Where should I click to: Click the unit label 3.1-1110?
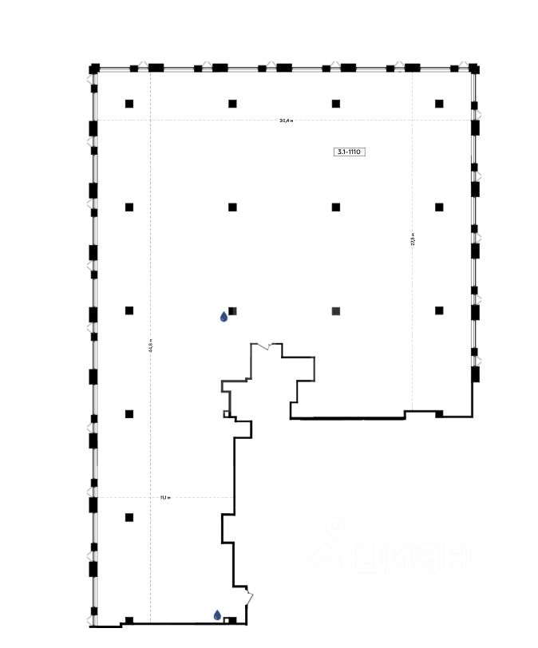click(350, 151)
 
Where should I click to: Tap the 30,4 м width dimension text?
click(287, 121)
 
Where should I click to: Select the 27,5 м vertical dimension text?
click(413, 239)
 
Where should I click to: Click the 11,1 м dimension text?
click(164, 497)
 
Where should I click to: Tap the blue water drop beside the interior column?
click(224, 317)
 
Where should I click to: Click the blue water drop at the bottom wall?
click(217, 614)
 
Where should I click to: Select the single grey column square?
click(336, 310)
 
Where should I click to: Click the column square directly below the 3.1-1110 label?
click(336, 207)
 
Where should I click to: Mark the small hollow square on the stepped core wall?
click(227, 413)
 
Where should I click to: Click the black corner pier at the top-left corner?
click(93, 69)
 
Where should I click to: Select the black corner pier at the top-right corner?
click(474, 69)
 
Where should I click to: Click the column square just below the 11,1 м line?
click(129, 517)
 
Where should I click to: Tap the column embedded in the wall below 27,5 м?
click(439, 413)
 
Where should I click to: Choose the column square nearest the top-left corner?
click(129, 104)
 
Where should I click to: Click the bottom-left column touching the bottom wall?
click(129, 620)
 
